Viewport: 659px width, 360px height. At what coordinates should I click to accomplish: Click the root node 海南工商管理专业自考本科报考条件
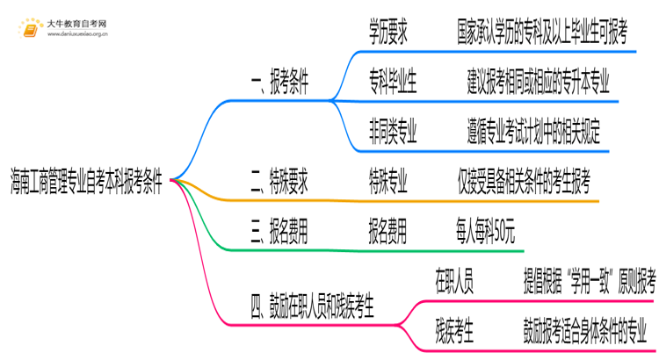[86, 182]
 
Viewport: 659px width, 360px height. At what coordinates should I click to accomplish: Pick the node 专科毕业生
[393, 84]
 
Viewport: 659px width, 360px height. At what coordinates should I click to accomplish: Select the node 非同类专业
[393, 133]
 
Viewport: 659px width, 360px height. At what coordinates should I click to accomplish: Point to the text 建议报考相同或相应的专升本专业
[538, 84]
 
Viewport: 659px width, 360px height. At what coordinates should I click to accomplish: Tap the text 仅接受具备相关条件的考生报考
[523, 182]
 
